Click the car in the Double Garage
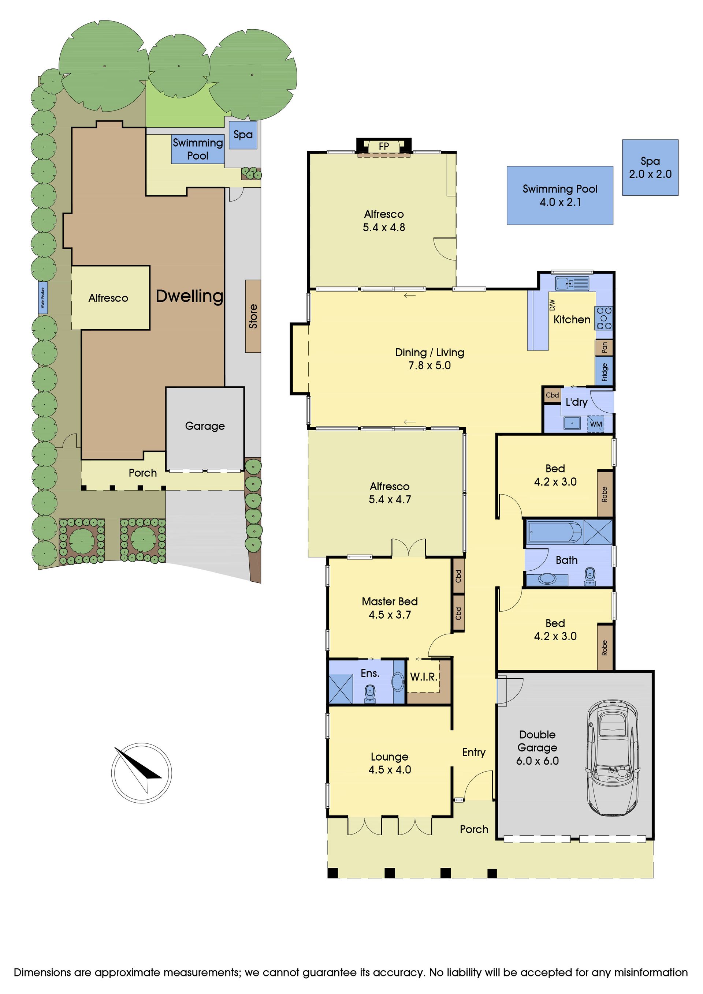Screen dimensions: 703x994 [x=613, y=758]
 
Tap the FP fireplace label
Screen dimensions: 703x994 [x=384, y=146]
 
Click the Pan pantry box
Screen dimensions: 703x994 [x=604, y=347]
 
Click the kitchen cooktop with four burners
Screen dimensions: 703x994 [x=604, y=318]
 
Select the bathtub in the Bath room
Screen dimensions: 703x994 [x=554, y=532]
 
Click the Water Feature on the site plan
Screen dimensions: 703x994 [x=43, y=298]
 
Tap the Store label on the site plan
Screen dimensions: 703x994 [x=253, y=316]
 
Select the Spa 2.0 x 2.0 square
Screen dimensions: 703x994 [x=650, y=168]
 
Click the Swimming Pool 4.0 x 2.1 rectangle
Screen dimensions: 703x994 [x=560, y=195]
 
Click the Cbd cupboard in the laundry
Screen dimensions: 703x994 [x=552, y=395]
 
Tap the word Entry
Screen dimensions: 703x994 [x=474, y=752]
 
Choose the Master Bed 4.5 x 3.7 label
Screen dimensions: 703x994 [x=390, y=608]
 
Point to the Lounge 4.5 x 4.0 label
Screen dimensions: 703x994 [x=390, y=763]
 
